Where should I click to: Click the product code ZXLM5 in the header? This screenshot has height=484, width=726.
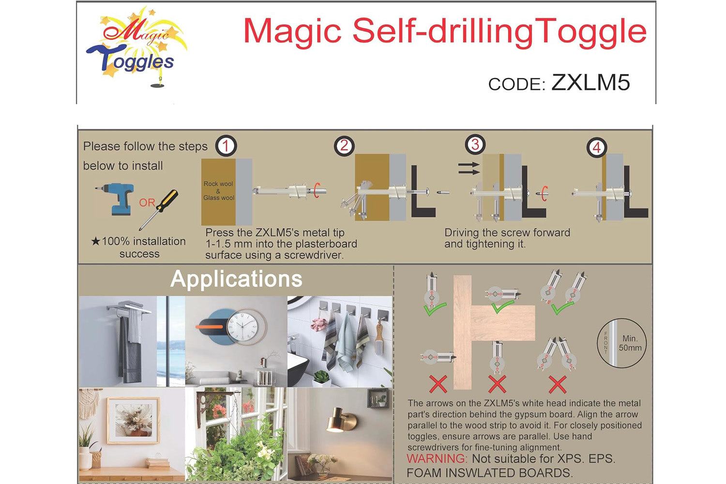(590, 82)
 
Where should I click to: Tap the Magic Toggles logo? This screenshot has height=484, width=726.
(136, 47)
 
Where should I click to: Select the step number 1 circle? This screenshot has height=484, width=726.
(226, 146)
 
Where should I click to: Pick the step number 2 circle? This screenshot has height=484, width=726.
(344, 146)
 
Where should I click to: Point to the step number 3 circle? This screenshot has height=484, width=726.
(475, 144)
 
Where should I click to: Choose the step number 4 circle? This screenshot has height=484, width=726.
(597, 148)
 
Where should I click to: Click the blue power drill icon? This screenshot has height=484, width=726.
(116, 198)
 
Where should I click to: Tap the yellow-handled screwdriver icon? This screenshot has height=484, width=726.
(158, 210)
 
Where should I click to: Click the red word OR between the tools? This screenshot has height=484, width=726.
(147, 203)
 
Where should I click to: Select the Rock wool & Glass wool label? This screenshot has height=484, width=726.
(218, 191)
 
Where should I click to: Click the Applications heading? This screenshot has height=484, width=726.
(236, 279)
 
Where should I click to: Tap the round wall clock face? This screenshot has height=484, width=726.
(243, 326)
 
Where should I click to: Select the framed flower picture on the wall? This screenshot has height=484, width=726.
(134, 421)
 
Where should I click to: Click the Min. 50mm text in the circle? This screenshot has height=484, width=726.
(630, 343)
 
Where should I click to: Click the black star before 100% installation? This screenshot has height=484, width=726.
(95, 241)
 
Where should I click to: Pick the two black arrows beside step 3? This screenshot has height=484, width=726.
(469, 168)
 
